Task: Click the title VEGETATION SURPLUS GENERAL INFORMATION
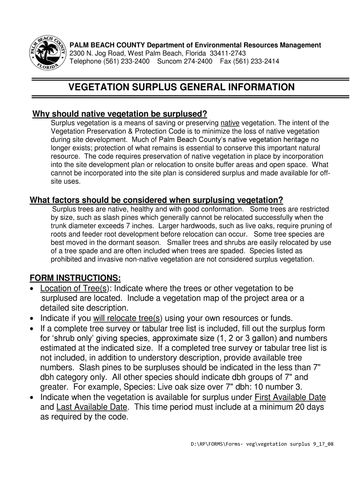click(x=182, y=87)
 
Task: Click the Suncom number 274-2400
click(x=195, y=61)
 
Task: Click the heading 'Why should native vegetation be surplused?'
click(x=119, y=115)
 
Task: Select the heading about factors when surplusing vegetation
click(x=157, y=200)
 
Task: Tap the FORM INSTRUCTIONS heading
click(x=75, y=278)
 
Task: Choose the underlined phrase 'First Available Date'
click(x=290, y=398)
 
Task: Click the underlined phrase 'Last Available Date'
click(x=92, y=407)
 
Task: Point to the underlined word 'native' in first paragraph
click(x=230, y=123)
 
